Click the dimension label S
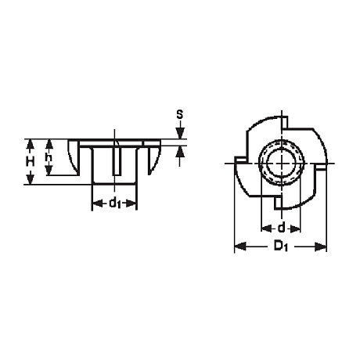pyautogui.click(x=180, y=114)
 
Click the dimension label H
pyautogui.click(x=31, y=162)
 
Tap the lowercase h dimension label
pyautogui.click(x=49, y=157)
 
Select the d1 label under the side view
pyautogui.click(x=115, y=203)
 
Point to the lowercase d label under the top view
pyautogui.click(x=281, y=228)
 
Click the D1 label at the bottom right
pyautogui.click(x=281, y=246)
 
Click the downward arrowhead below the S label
pyautogui.click(x=180, y=133)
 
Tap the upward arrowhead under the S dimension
pyautogui.click(x=180, y=152)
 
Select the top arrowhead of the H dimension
pyautogui.click(x=31, y=145)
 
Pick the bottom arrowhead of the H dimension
pyautogui.click(x=31, y=178)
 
